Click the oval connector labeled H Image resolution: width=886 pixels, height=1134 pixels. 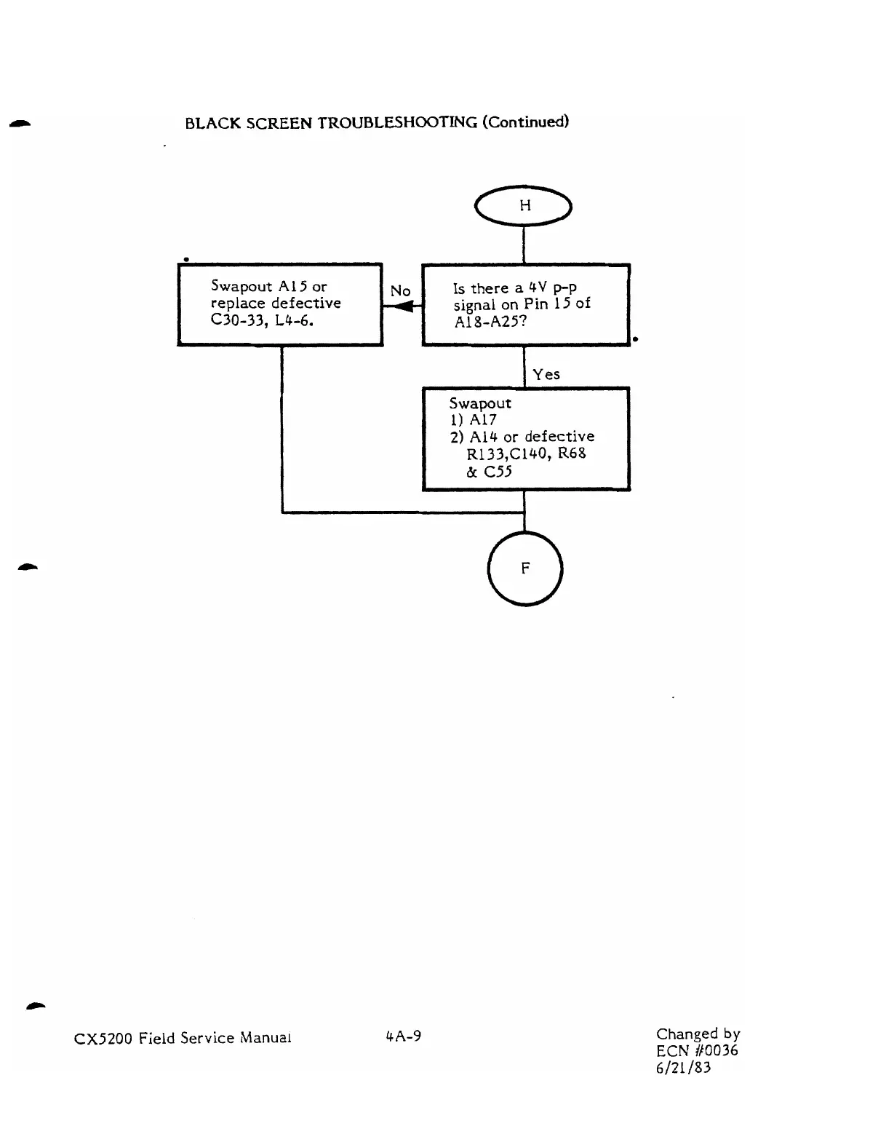524,207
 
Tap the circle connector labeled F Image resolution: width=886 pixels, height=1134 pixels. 524,568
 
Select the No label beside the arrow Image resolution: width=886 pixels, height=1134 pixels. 401,291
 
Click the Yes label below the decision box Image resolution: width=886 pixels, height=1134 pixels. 546,375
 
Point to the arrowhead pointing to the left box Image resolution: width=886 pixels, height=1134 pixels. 401,307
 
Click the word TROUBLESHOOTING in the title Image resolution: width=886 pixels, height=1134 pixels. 397,122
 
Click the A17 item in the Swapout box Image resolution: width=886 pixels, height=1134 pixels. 483,420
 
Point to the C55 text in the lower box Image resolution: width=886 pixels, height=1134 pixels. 498,472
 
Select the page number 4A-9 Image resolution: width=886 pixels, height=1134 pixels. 404,1036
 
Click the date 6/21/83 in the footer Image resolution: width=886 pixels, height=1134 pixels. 683,1068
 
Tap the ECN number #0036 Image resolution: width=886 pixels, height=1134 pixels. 717,1050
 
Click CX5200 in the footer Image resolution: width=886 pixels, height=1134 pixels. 103,1039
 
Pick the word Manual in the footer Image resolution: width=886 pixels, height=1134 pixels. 266,1039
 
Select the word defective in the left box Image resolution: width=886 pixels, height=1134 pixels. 306,304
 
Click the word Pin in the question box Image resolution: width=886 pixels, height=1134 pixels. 535,304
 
